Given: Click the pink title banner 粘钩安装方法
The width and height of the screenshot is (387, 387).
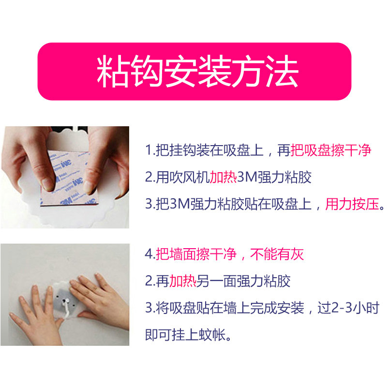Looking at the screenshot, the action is coord(194,71).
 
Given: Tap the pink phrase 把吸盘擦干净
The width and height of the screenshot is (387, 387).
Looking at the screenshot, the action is coord(331,150).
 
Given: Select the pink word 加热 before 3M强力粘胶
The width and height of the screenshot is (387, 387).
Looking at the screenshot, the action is coord(223,177).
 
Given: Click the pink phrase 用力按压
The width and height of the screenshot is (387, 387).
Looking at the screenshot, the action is coord(352,204).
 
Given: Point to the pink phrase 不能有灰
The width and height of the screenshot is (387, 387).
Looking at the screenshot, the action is coord(277,254).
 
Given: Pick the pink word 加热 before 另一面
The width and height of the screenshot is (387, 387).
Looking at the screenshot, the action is coord(183,281).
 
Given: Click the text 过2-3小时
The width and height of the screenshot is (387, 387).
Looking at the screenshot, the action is coord(348,308).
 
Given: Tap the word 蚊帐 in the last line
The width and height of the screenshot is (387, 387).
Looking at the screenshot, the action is coord(212,335).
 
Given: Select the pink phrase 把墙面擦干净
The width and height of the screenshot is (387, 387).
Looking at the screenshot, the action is coord(196,254).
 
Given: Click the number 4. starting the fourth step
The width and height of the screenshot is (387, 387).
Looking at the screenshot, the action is coord(150,254).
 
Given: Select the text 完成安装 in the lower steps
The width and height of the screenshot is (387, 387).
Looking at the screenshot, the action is coord(277,308).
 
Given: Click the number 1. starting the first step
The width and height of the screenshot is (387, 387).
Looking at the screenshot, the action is coord(150,150).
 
